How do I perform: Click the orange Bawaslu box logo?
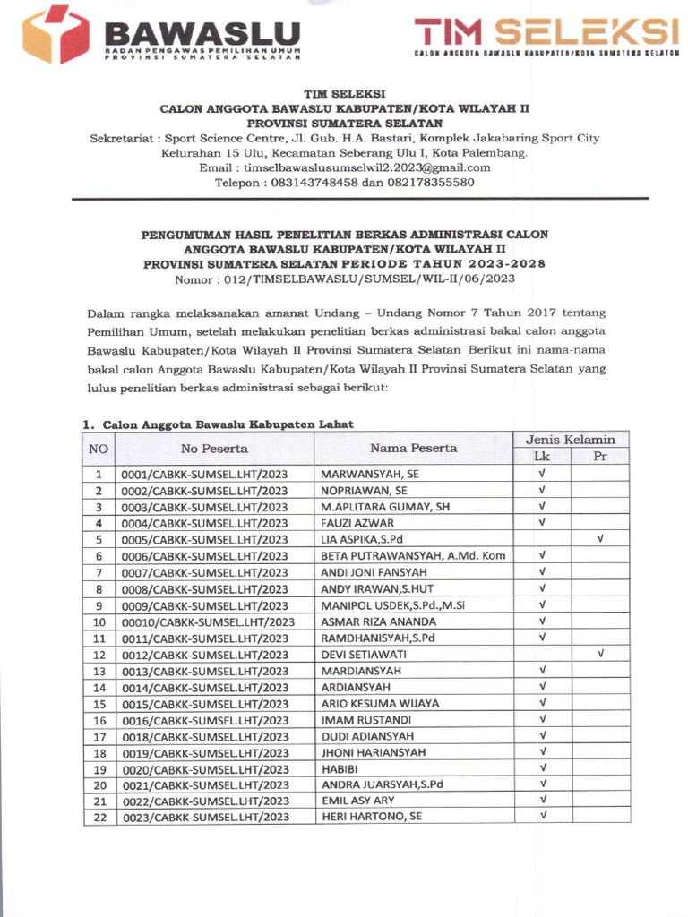click(56, 34)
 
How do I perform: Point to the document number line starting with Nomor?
click(345, 279)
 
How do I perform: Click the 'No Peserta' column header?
click(214, 448)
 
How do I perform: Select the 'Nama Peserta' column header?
click(414, 448)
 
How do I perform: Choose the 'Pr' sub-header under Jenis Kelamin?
click(599, 457)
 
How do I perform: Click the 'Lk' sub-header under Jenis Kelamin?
click(542, 457)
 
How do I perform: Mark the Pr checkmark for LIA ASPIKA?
click(599, 539)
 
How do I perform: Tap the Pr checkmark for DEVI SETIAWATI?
click(599, 654)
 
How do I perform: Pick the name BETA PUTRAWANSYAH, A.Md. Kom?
click(413, 556)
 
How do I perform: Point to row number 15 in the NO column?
click(99, 703)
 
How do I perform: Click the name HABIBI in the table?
click(340, 768)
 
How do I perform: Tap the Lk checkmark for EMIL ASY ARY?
click(542, 800)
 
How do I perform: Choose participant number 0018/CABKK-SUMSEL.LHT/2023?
click(205, 736)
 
